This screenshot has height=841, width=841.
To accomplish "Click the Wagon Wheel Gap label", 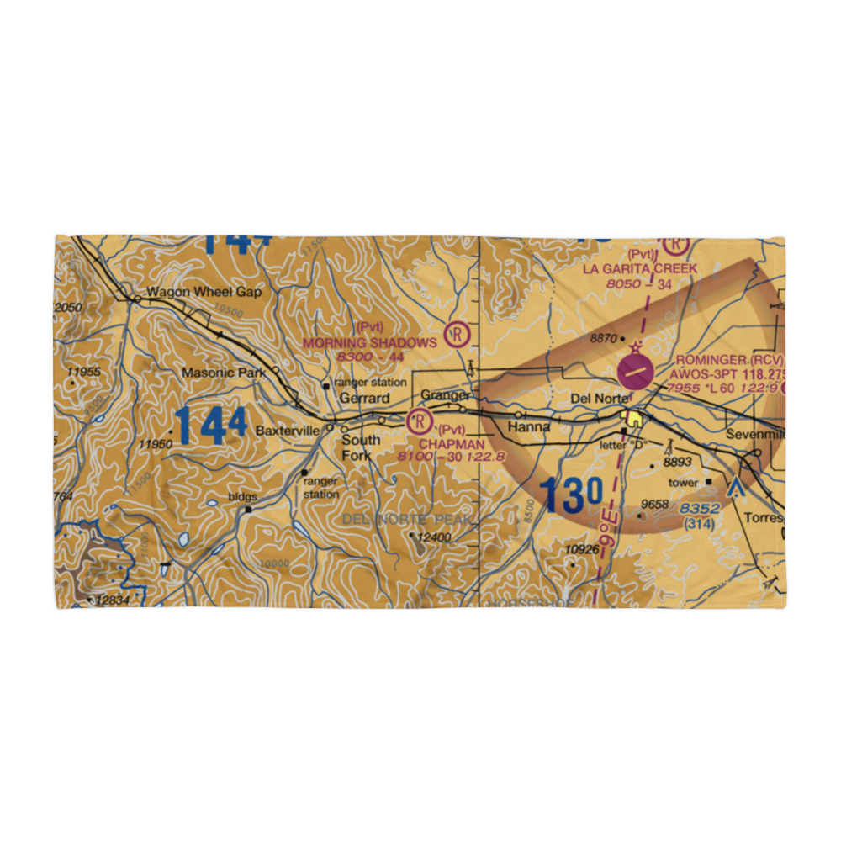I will (204, 293).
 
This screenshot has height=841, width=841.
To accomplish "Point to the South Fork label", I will (361, 447).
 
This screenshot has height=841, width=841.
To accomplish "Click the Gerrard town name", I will (364, 398).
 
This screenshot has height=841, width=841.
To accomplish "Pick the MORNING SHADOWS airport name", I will (370, 342).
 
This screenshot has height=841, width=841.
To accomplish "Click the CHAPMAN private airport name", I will (452, 444).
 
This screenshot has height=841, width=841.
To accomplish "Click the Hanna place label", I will (529, 426).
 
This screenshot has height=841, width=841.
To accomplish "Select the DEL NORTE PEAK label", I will (409, 519).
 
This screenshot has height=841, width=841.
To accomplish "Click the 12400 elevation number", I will (435, 537).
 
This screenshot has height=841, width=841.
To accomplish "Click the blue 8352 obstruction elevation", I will (700, 509).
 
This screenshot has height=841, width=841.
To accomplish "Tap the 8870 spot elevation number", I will (603, 338).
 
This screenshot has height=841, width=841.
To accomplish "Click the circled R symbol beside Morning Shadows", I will (457, 335).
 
